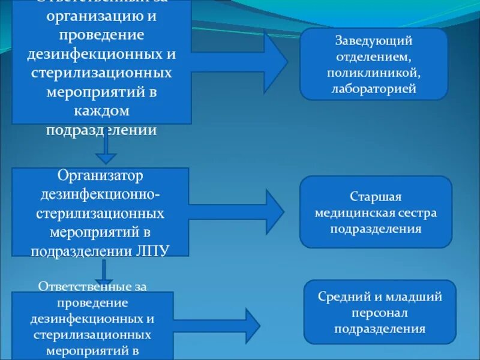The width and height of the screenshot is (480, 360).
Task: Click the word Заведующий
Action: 373,41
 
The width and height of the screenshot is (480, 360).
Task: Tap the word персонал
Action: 380,313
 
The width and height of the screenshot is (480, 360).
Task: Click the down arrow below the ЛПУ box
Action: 104,271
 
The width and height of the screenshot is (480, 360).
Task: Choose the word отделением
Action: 373,58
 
